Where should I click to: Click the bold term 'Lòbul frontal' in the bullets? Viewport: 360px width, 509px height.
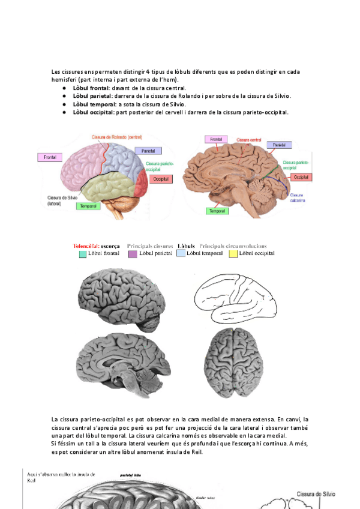pos(91,88)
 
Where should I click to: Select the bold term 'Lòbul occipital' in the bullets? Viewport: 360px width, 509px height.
pos(94,112)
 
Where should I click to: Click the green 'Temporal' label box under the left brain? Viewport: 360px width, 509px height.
pos(88,206)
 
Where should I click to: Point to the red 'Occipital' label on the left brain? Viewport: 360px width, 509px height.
pos(160,179)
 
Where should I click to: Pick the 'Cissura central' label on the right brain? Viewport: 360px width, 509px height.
pos(248,139)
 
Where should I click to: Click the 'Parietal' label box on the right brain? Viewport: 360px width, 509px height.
pos(279,145)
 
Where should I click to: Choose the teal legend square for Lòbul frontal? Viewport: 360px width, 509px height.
pos(83,254)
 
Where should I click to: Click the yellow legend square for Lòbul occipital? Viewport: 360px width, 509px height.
pos(233,254)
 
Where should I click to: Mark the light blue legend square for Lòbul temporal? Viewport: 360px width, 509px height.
pos(181,254)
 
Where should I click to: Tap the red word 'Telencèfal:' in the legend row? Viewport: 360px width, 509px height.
pos(86,246)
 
